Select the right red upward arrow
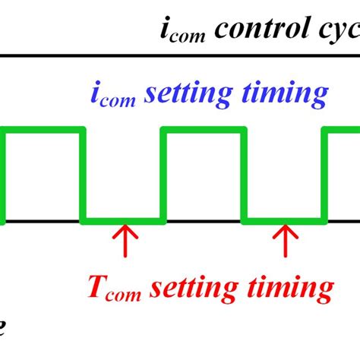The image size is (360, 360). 286,242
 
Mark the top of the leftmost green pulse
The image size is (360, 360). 42,131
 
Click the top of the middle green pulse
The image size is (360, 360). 204,131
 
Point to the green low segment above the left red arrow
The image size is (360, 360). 123,221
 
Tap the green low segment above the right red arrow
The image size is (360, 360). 286,221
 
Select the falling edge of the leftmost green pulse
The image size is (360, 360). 83,176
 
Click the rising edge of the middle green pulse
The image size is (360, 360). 163,176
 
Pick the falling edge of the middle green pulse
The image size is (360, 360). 245,176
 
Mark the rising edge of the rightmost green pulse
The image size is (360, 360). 326,176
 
